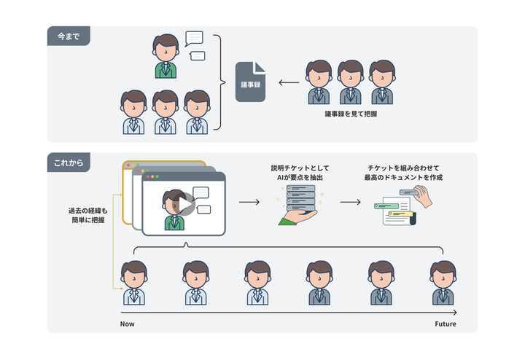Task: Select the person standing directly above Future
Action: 443,283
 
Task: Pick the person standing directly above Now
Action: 133,283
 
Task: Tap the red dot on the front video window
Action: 147,176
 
